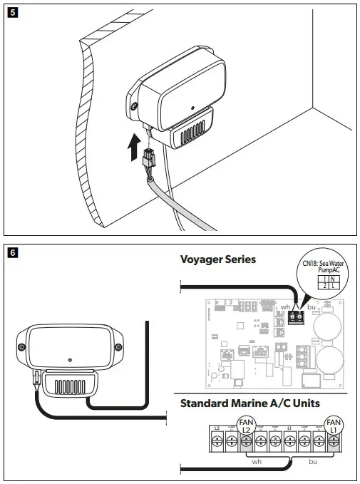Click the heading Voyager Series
[x=218, y=260]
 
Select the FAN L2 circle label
[x=245, y=426]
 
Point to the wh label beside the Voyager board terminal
[x=286, y=307]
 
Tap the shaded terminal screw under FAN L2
[x=245, y=443]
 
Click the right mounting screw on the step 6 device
[x=113, y=347]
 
